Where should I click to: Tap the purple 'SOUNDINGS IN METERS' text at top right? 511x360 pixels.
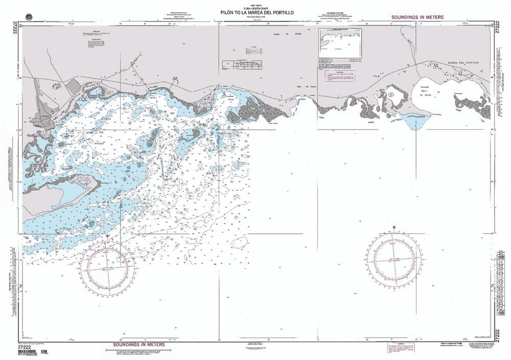click(417, 17)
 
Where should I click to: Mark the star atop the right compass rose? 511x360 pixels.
click(394, 227)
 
